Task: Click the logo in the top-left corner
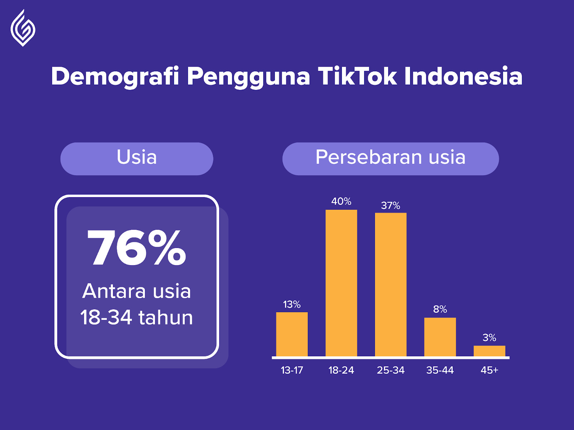pos(23,28)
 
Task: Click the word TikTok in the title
pos(357,76)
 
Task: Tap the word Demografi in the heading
pos(115,76)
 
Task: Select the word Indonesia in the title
pos(463,76)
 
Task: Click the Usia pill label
pos(137,158)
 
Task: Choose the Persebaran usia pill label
pos(390,158)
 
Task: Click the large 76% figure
pos(137,248)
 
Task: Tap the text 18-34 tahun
pos(137,317)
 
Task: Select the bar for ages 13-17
pos(292,334)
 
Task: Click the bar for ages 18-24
pos(341,283)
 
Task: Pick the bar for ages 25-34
pos(391,285)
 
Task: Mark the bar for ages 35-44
pos(440,337)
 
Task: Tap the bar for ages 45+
pos(489,351)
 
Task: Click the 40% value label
pos(341,201)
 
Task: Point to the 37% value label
pos(391,206)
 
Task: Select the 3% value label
pos(489,338)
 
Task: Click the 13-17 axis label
pos(292,370)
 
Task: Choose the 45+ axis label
pos(489,370)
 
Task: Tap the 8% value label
pos(440,309)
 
